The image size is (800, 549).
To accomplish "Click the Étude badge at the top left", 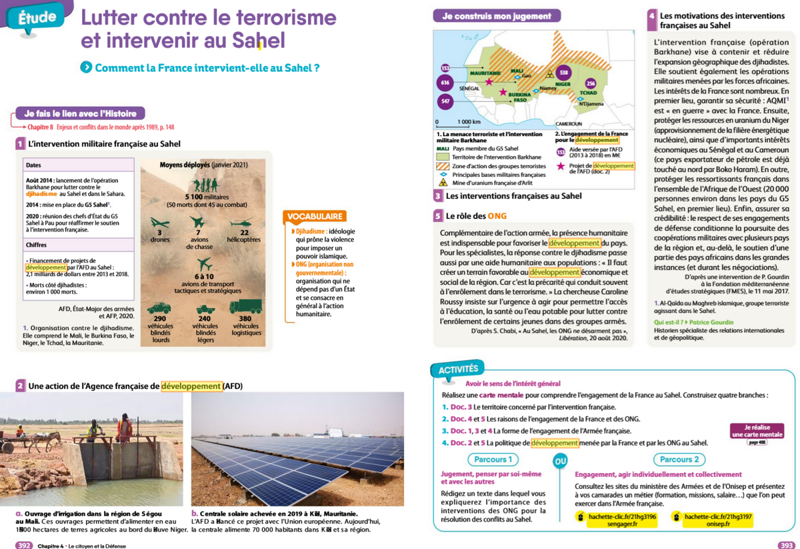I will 36,17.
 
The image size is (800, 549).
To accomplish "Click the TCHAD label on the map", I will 588,93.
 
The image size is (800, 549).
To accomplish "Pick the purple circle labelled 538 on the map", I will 563,72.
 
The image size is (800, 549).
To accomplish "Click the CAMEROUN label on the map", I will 568,124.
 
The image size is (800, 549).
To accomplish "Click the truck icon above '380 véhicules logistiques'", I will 245,307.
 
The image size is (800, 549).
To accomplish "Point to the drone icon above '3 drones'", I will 160,223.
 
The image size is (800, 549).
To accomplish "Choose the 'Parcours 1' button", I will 493,460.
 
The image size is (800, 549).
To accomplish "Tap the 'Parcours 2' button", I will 679,460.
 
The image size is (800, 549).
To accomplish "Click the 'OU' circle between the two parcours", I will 560,461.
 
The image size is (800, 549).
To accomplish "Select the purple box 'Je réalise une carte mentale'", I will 757,432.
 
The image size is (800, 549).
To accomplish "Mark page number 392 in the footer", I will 24,544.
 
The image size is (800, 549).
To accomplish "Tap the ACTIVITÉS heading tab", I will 458,369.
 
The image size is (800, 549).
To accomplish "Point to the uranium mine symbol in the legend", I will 443,181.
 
